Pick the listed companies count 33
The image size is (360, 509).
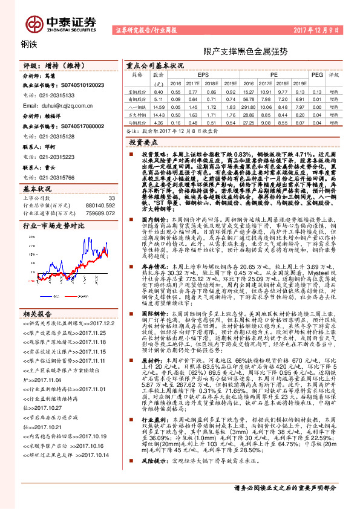click(111, 198)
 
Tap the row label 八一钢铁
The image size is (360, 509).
click(139, 106)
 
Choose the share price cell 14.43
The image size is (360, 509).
click(159, 114)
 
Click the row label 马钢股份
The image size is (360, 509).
click(139, 122)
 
